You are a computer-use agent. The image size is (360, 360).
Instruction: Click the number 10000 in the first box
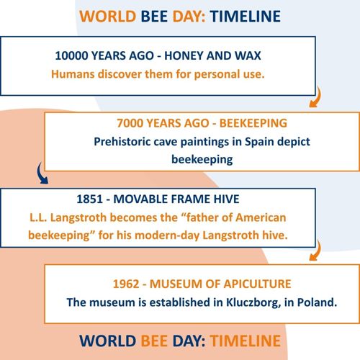tap(71, 55)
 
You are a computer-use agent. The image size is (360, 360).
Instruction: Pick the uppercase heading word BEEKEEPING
tap(253, 123)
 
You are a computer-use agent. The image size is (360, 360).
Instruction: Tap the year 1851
tap(89, 199)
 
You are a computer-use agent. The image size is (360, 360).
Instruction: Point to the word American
tap(261, 217)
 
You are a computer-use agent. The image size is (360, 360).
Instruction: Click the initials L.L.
tap(38, 217)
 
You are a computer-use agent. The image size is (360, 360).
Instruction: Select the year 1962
tap(126, 284)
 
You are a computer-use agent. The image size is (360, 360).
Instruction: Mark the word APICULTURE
tap(258, 284)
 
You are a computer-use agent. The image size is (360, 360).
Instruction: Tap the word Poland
tap(317, 302)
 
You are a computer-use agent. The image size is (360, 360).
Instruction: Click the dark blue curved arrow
tap(41, 174)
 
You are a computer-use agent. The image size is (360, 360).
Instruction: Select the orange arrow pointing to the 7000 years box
tap(316, 97)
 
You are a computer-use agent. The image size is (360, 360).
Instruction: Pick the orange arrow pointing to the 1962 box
tap(316, 251)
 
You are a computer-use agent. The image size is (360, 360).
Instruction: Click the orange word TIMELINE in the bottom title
tap(246, 341)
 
